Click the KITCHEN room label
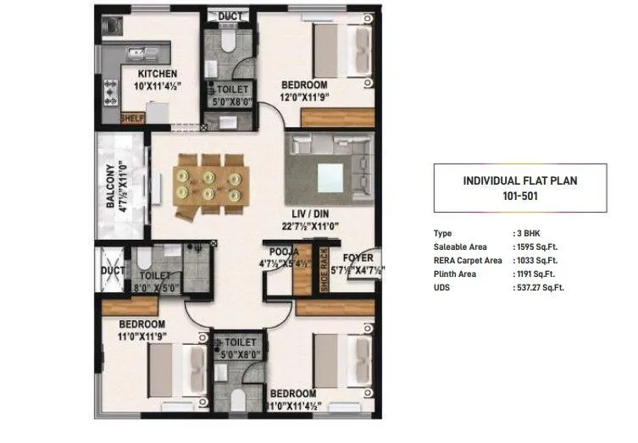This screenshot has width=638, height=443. [x=158, y=73]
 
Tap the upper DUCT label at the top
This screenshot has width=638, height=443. [x=230, y=16]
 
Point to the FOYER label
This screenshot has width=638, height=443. [x=356, y=257]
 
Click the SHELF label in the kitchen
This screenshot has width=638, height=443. [x=132, y=118]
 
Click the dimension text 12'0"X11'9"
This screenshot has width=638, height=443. [x=306, y=97]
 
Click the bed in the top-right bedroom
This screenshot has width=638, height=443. [x=335, y=54]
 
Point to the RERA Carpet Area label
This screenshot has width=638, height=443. [x=467, y=260]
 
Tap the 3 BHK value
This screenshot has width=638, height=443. [x=530, y=233]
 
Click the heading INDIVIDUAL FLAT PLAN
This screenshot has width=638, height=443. [x=519, y=180]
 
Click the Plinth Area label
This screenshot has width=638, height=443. [x=455, y=274]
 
